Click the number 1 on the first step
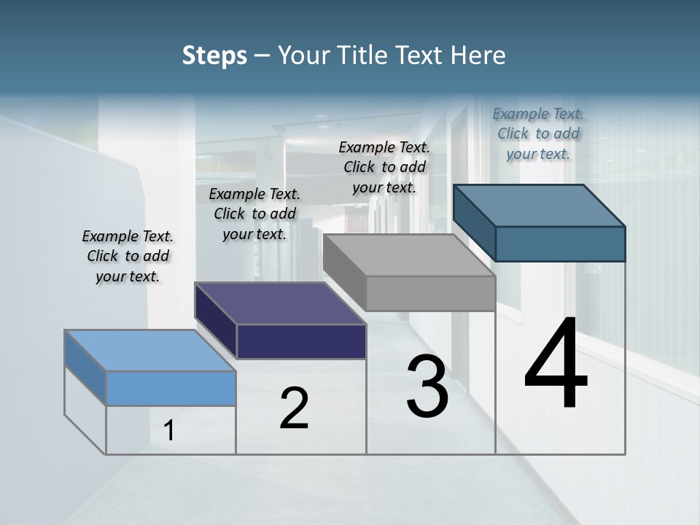click(x=169, y=430)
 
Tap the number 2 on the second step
click(x=294, y=408)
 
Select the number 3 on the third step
click(x=427, y=386)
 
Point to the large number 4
click(x=556, y=365)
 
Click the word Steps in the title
click(x=214, y=55)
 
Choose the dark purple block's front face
click(x=301, y=341)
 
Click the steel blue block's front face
click(x=560, y=244)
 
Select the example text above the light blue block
click(x=128, y=256)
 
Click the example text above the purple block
click(x=254, y=214)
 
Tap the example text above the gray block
click(x=384, y=167)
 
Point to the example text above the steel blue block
click(x=538, y=133)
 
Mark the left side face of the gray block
click(x=344, y=272)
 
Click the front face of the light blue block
click(x=171, y=388)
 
